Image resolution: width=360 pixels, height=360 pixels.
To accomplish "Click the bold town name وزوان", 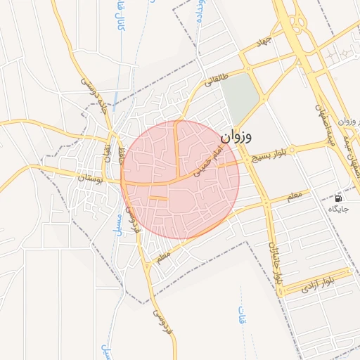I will (x=236, y=136).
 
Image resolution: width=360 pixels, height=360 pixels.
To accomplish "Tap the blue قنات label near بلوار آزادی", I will (x=243, y=315).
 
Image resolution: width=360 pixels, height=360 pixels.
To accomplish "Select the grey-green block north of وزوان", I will (x=240, y=98).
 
